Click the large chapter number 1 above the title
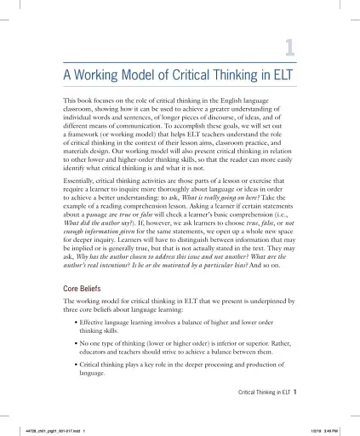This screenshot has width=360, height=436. (289, 49)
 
